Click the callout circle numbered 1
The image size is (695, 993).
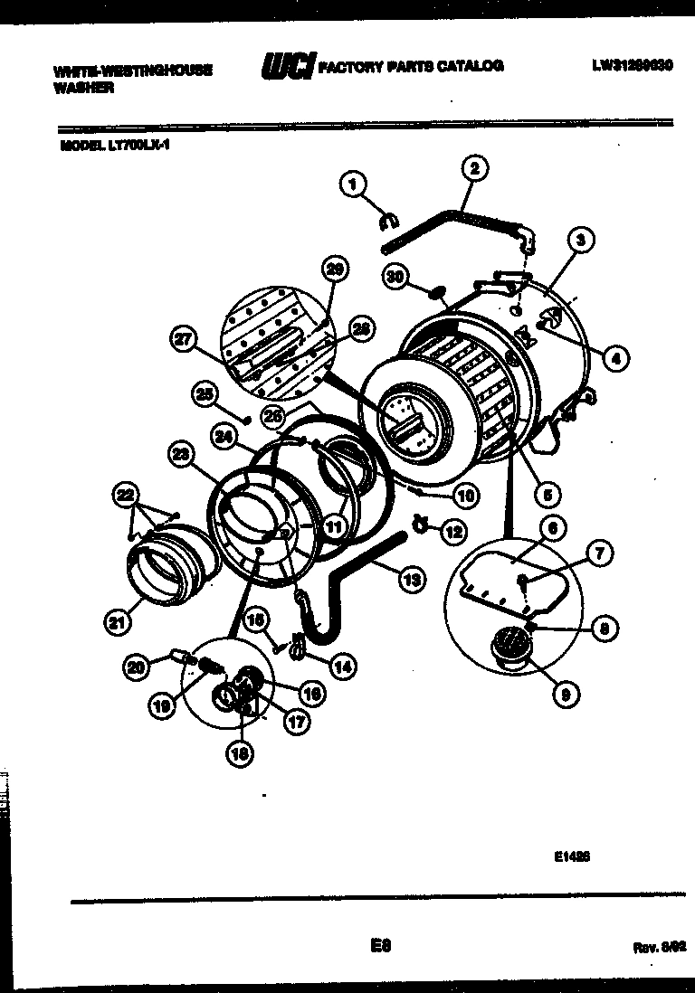tap(353, 184)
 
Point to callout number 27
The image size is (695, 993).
tap(183, 340)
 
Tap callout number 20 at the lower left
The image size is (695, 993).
tap(135, 667)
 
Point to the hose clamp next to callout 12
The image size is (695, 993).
tap(420, 521)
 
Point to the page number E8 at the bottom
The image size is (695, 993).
tap(379, 946)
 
